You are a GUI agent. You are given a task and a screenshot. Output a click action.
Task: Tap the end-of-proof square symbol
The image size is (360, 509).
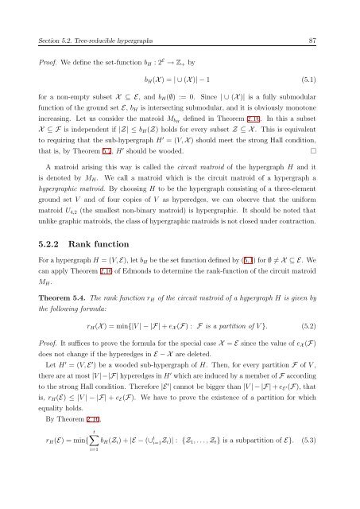(315, 148)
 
